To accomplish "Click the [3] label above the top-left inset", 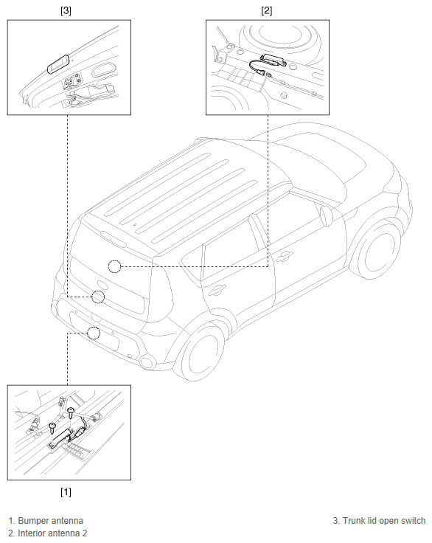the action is pos(66,11).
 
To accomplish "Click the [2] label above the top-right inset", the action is pos(267,11).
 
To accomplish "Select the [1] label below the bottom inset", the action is pos(66,492).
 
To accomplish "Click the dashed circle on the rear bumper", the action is pos(94,333).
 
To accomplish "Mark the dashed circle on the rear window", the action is pos(114,266).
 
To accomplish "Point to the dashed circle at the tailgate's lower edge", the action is pos(98,297).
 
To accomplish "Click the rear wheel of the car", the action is pos(203,352).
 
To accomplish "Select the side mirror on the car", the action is pos(326,216).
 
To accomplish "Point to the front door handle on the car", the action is pos(285,256).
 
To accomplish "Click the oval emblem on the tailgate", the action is pos(102,285).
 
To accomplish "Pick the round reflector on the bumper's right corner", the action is pos(147,362).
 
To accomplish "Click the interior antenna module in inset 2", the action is pos(274,60).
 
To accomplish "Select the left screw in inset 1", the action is pos(52,428).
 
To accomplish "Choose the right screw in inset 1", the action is pos(71,412).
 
